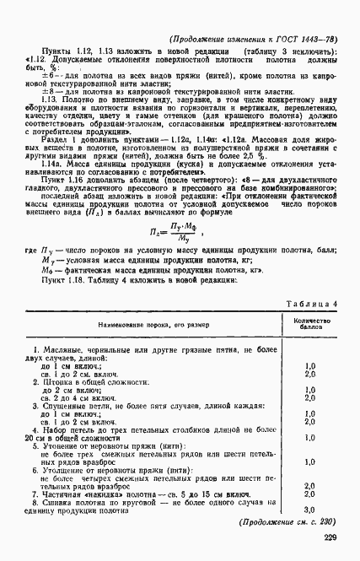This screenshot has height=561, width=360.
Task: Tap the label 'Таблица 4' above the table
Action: (x=311, y=304)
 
